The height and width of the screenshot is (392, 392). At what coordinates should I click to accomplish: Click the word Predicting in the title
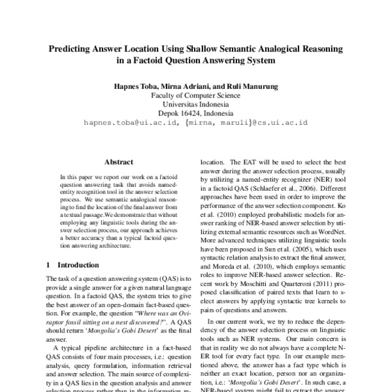click(x=73, y=49)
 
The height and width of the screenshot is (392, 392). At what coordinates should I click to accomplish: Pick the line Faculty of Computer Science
click(x=196, y=95)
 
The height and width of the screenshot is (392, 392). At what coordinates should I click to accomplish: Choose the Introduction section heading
click(x=78, y=265)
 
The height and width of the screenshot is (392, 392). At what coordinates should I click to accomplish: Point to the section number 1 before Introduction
click(x=49, y=265)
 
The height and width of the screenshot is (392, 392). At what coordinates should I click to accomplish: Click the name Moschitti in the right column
click(x=265, y=267)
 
